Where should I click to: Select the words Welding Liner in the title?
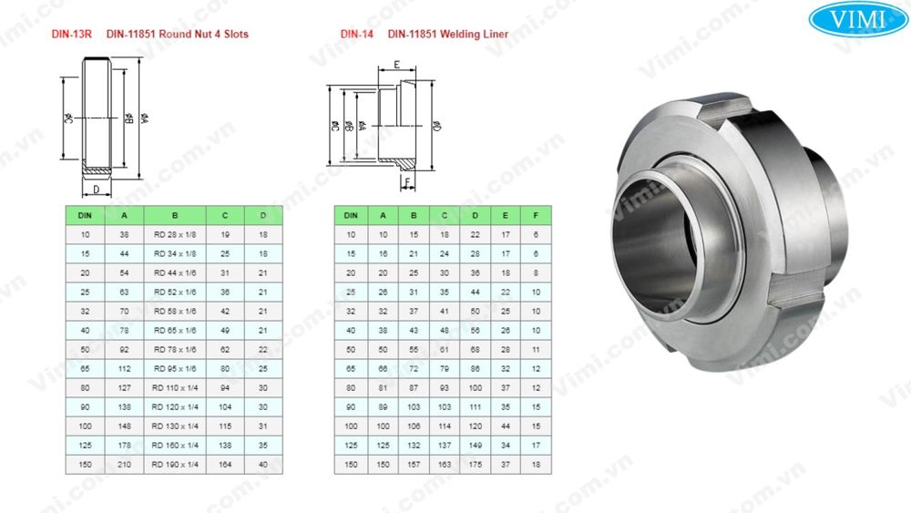tap(474, 35)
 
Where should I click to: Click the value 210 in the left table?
tap(124, 465)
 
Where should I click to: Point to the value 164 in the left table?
tap(224, 465)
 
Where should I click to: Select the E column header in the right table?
tap(504, 215)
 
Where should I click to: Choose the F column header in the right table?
tap(536, 215)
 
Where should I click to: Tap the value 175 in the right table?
tap(474, 465)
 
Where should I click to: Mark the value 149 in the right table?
tap(474, 446)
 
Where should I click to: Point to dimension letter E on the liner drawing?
tap(396, 65)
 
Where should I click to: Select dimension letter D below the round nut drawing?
tap(96, 190)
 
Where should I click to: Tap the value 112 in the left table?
tap(124, 369)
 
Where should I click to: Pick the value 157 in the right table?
tap(414, 465)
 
